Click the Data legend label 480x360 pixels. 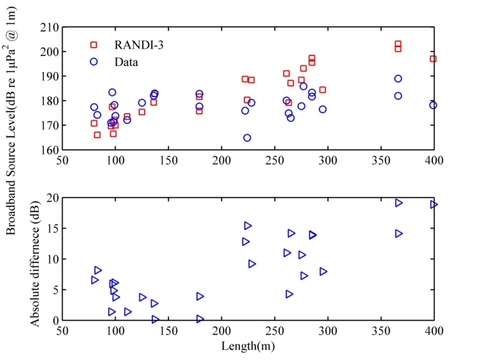point(126,62)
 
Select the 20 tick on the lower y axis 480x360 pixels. point(53,197)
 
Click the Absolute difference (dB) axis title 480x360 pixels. point(34,260)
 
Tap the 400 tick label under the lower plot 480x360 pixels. point(433,332)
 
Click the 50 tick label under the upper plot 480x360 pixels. point(63,161)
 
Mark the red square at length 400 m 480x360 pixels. point(433,59)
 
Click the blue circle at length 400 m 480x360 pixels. point(433,105)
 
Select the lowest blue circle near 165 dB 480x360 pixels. point(247,138)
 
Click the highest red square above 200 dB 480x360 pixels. point(398,44)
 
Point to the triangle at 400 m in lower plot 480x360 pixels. point(433,205)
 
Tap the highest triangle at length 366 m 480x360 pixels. point(399,203)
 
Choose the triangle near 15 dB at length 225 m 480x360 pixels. point(248,226)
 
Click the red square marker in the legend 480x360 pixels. point(94,45)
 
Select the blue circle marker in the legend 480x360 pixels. point(94,62)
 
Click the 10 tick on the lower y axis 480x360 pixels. point(53,259)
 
